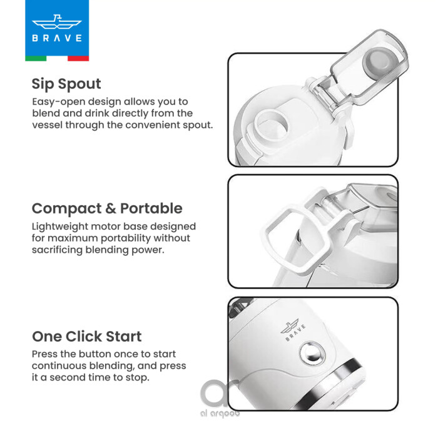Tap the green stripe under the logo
(x=36, y=58)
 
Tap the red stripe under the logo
(x=78, y=58)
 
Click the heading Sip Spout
(x=66, y=84)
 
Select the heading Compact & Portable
(x=107, y=208)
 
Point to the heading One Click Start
(x=86, y=337)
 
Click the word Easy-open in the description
(x=59, y=102)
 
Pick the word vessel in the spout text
(x=47, y=125)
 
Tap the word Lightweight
(x=60, y=227)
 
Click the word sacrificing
(x=58, y=250)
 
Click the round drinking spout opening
(x=271, y=125)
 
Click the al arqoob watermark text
(x=220, y=413)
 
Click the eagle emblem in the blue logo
(x=57, y=23)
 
